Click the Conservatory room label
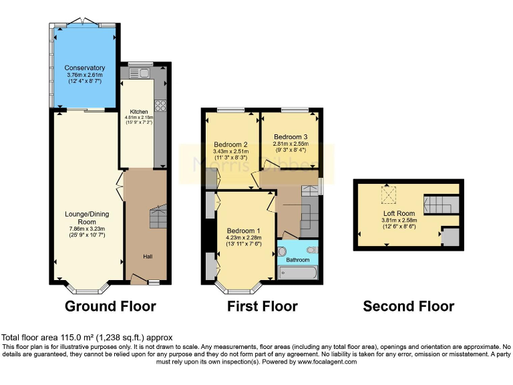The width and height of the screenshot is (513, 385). pos(85,68)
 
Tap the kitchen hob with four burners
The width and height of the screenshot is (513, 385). pos(160,105)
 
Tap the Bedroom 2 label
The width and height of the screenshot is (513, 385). pos(231,144)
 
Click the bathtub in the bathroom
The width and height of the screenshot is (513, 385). pos(299,273)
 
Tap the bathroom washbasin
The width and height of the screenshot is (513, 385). pos(282,252)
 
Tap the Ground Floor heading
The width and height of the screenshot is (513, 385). pos(110,306)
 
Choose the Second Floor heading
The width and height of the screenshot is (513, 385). pos(408,306)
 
